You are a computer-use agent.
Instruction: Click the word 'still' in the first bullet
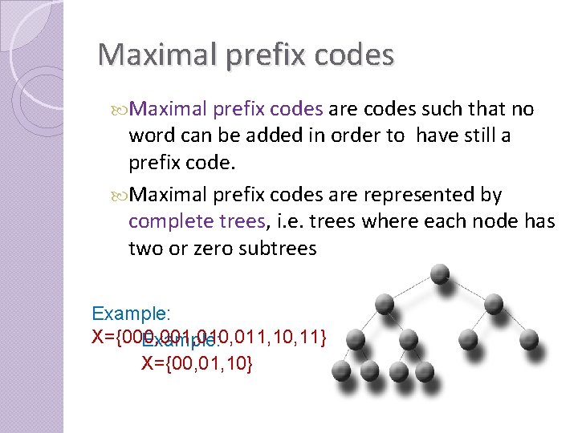tap(477, 136)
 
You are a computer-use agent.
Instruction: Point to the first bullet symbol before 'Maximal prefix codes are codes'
tap(120, 109)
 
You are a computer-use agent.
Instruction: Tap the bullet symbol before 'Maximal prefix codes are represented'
tap(120, 195)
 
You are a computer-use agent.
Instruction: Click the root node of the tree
tap(439, 273)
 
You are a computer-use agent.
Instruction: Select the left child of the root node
tap(385, 303)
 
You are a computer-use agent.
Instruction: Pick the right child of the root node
tap(494, 303)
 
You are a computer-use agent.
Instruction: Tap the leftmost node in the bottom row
tap(340, 370)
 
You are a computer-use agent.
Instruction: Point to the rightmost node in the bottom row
tap(425, 370)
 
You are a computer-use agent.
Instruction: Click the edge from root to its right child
tap(467, 288)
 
